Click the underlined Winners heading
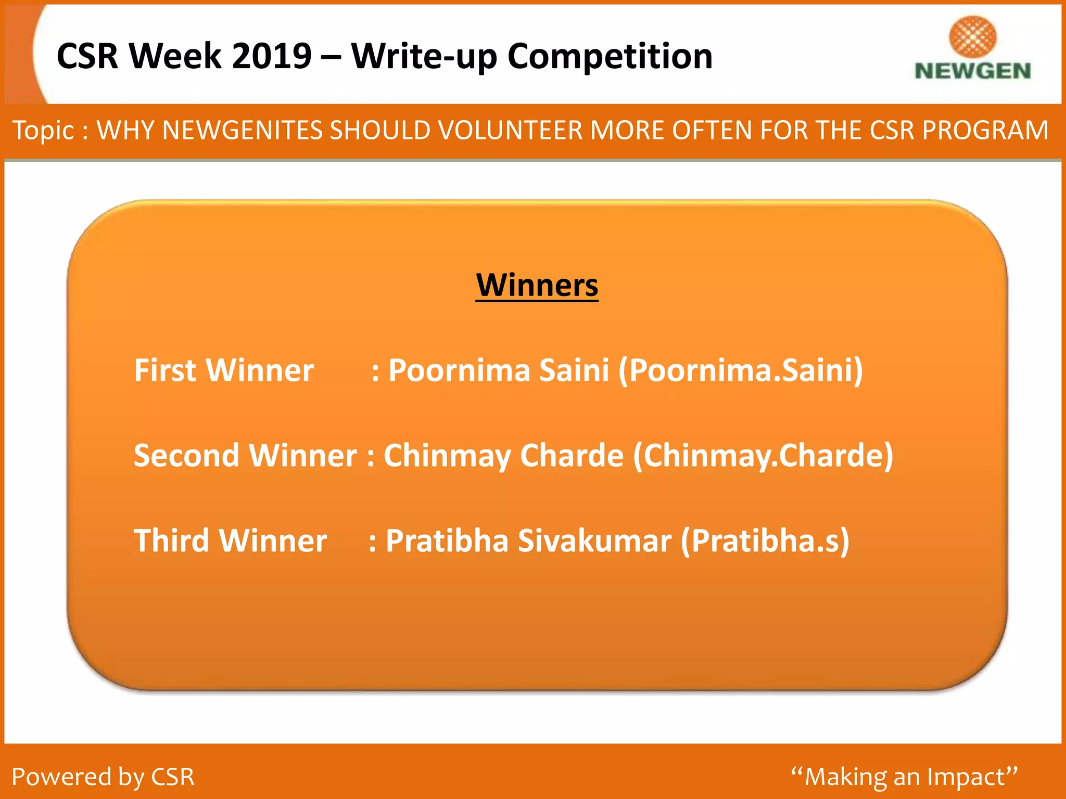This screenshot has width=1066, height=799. click(x=537, y=286)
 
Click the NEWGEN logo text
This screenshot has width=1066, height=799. click(x=972, y=71)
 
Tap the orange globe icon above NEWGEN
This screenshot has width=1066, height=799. click(x=972, y=36)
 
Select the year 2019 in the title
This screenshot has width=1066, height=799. click(x=272, y=56)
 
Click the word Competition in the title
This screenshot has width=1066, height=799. click(x=610, y=56)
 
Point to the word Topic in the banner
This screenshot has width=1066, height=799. click(x=43, y=130)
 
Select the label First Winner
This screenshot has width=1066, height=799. click(x=224, y=370)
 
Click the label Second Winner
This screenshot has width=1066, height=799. click(x=245, y=456)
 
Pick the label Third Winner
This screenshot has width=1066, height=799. click(x=230, y=540)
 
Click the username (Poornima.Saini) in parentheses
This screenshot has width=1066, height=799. click(x=740, y=370)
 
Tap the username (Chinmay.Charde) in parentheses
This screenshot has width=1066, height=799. click(x=763, y=456)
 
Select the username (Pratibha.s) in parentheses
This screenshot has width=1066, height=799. click(x=765, y=540)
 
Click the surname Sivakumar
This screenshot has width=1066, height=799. click(x=594, y=540)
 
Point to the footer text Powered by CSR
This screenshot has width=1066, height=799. click(x=103, y=777)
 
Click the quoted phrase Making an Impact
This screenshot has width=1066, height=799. click(x=904, y=777)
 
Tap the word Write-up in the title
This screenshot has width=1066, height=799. click(x=424, y=56)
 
